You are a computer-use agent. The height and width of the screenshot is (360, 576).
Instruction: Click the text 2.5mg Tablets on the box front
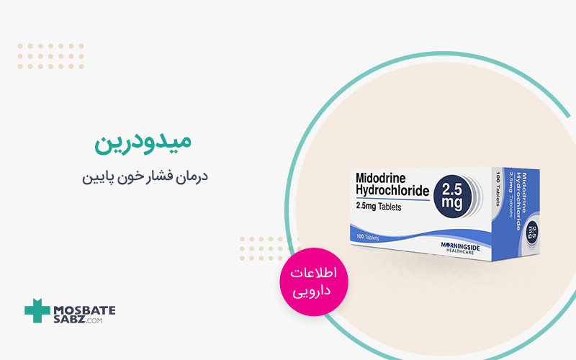point(388,207)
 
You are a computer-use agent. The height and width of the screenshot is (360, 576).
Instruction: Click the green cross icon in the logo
point(36,310)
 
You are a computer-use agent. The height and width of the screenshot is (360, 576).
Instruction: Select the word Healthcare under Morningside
point(476,251)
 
